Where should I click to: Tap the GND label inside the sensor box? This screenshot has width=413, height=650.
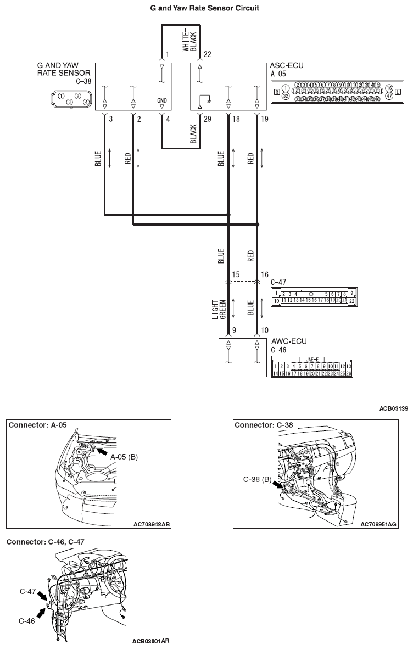point(161,100)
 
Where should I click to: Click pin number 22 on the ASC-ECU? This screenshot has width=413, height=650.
point(206,54)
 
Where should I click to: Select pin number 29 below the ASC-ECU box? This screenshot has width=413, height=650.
point(207,119)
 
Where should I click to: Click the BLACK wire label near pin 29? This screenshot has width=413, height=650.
point(193,133)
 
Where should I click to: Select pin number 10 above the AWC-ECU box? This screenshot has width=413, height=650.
point(265,330)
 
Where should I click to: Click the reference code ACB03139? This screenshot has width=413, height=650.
point(393,408)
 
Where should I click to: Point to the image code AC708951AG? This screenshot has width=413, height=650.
point(378,524)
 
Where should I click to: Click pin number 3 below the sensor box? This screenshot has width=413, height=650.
point(111,119)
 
